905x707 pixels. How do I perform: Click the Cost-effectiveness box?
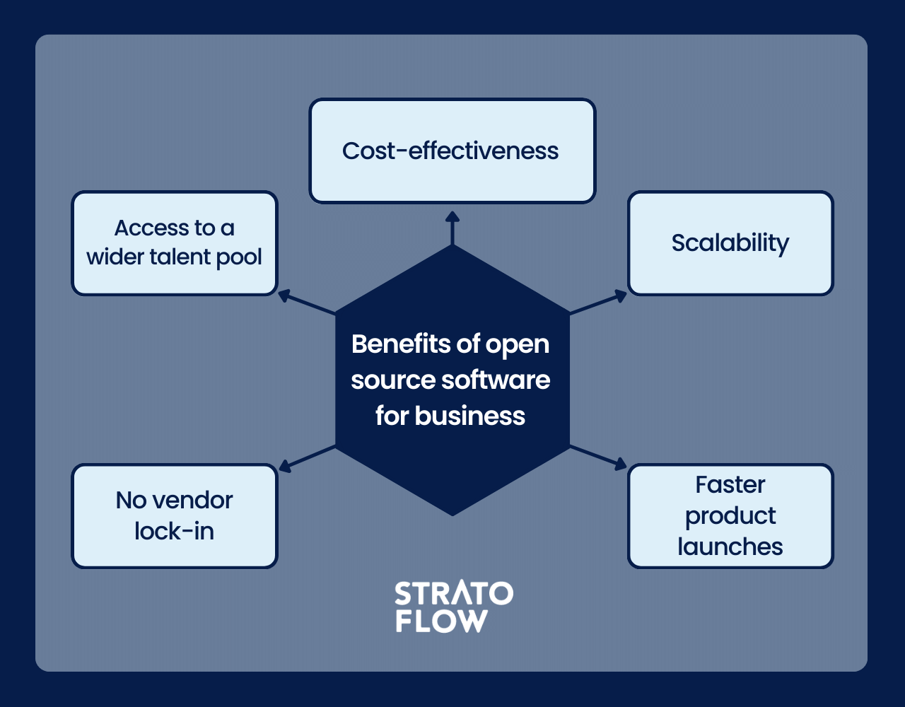tap(452, 151)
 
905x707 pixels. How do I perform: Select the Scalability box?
tap(730, 243)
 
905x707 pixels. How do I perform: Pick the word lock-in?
tap(174, 531)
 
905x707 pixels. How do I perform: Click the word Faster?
tap(730, 484)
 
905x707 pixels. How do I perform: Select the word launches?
tap(730, 547)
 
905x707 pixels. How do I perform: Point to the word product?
tap(730, 515)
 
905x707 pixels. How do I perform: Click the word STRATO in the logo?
tap(453, 594)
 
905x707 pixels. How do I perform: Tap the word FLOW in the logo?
tap(441, 621)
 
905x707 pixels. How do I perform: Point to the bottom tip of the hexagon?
tap(452, 514)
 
